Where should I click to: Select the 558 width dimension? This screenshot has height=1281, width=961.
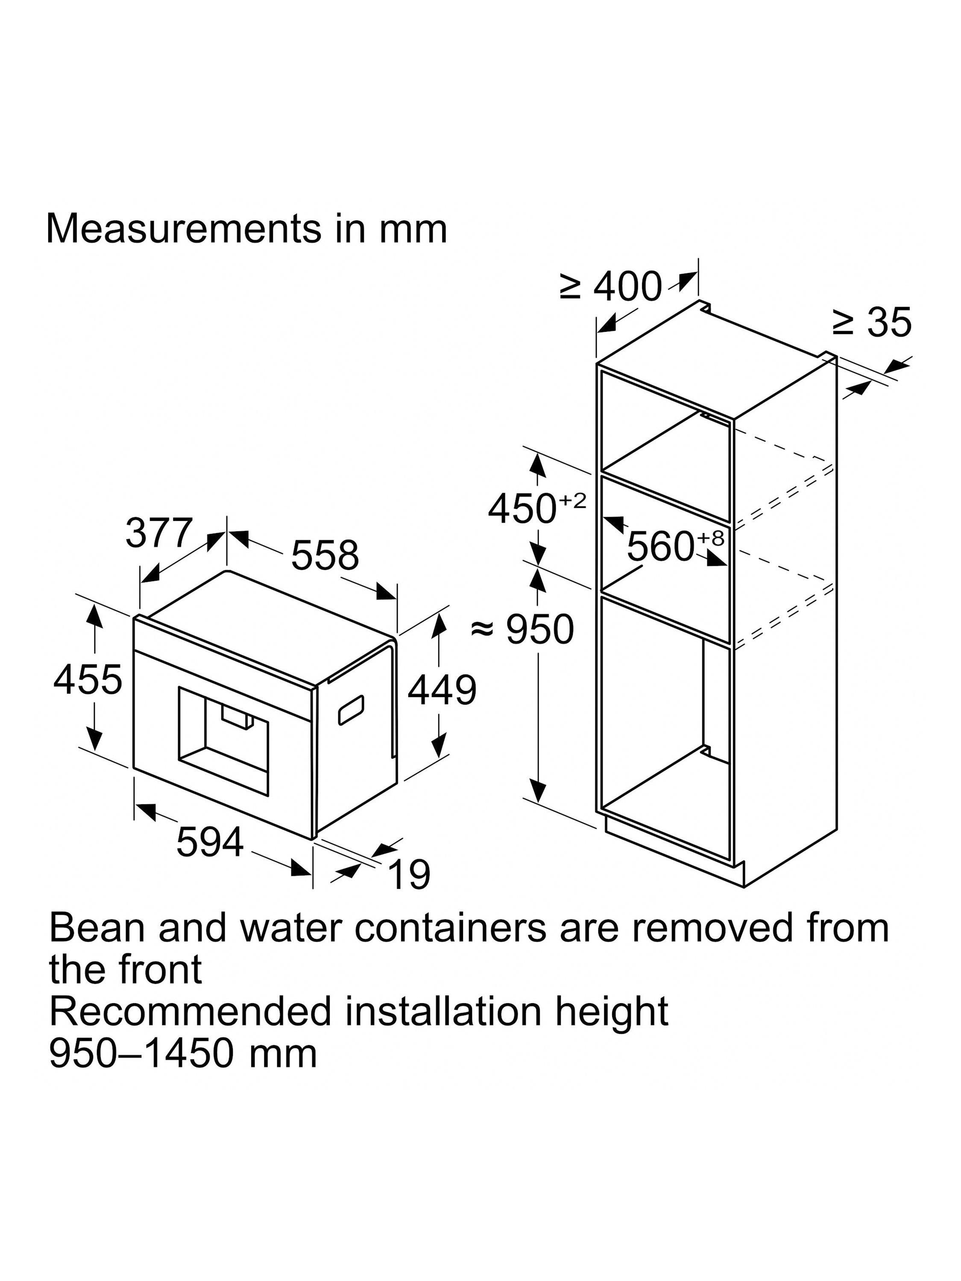click(x=324, y=555)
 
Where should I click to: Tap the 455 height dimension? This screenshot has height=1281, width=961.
click(x=88, y=679)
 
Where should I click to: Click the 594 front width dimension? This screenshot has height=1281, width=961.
click(x=210, y=842)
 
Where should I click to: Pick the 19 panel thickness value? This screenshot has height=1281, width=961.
click(x=410, y=874)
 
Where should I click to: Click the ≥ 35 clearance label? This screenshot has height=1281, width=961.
click(x=872, y=322)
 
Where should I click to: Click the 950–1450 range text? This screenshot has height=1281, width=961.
click(x=142, y=1053)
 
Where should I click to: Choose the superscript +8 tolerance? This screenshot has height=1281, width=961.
click(x=711, y=538)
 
